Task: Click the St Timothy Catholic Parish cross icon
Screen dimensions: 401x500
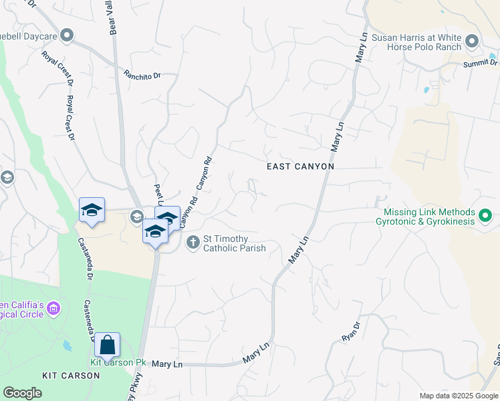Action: pyautogui.click(x=193, y=242)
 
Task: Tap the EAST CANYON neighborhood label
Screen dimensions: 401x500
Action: pyautogui.click(x=299, y=166)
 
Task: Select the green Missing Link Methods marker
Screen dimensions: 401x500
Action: pyautogui.click(x=485, y=216)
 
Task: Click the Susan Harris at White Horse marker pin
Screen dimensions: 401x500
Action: pyautogui.click(x=472, y=41)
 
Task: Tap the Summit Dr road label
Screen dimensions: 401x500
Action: pyautogui.click(x=481, y=63)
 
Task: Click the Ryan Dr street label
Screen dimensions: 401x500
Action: pyautogui.click(x=351, y=332)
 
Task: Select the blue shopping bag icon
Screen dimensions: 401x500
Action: pyautogui.click(x=107, y=345)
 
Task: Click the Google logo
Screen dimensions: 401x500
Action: pyautogui.click(x=22, y=393)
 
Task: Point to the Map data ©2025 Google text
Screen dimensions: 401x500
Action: pyautogui.click(x=459, y=396)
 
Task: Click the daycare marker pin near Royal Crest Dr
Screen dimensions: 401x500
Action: pyautogui.click(x=66, y=35)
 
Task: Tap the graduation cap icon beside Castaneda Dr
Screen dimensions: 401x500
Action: pyautogui.click(x=92, y=211)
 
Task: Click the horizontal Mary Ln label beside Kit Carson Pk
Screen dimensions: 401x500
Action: pyautogui.click(x=167, y=364)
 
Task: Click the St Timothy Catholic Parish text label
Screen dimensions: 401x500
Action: pyautogui.click(x=235, y=243)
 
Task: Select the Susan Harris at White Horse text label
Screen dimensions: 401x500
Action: pyautogui.click(x=416, y=43)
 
